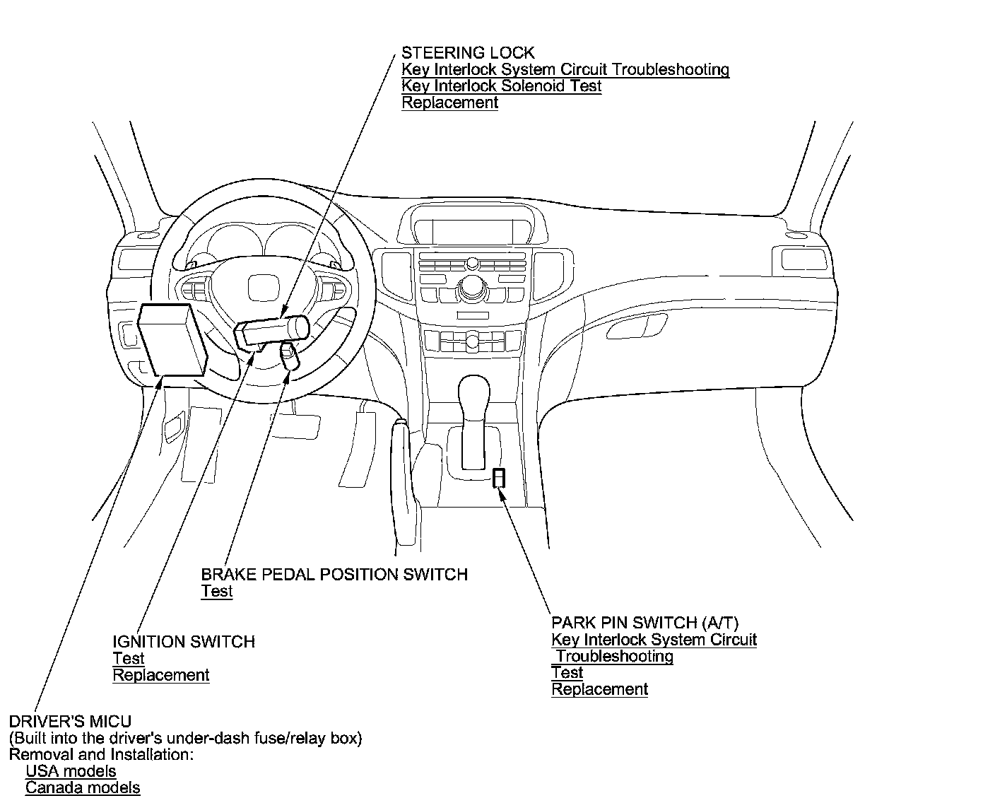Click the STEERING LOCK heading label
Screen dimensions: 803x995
pyautogui.click(x=468, y=52)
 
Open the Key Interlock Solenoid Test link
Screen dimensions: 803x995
pyautogui.click(x=501, y=86)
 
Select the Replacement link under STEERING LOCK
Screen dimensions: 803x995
pyautogui.click(x=449, y=102)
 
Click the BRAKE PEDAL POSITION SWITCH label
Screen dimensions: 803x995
pyautogui.click(x=334, y=574)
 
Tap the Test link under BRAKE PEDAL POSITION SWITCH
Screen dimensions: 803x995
pyautogui.click(x=216, y=591)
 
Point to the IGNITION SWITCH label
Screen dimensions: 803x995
pyautogui.click(x=184, y=641)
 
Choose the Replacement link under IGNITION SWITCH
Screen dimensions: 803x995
pyautogui.click(x=161, y=674)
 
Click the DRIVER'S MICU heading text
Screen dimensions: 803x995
pyautogui.click(x=70, y=721)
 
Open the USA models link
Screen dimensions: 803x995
pyautogui.click(x=71, y=770)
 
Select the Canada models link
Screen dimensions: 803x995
pyautogui.click(x=83, y=787)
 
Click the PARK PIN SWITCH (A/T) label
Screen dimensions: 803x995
pyautogui.click(x=644, y=623)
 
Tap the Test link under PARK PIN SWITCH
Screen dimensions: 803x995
pyautogui.click(x=567, y=672)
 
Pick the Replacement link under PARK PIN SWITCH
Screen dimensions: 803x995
pyautogui.click(x=599, y=689)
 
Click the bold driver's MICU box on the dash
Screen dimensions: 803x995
pyautogui.click(x=172, y=339)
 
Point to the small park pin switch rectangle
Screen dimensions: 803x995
pyautogui.click(x=499, y=478)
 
